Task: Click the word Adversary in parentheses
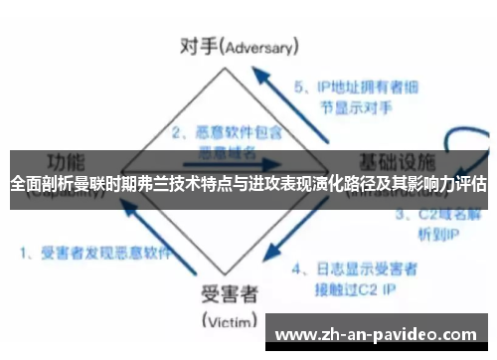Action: [263, 47]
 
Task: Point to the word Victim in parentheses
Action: [231, 320]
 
